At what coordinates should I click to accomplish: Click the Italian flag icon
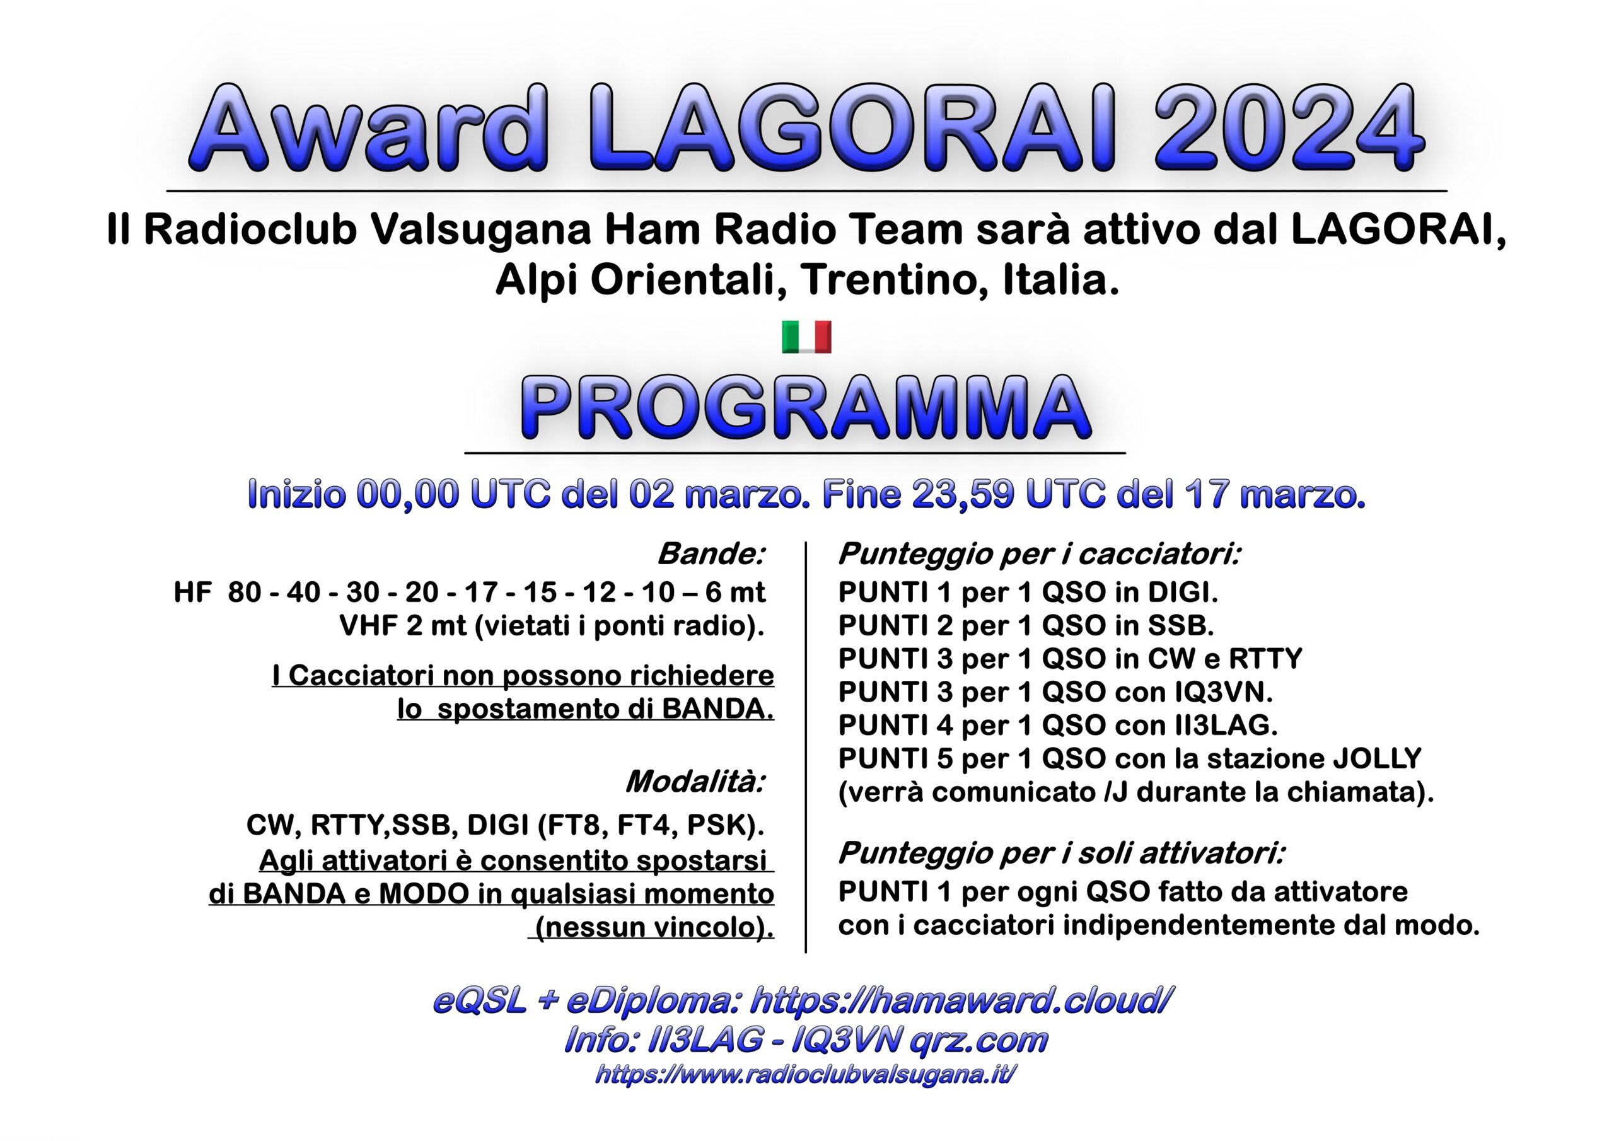point(806,337)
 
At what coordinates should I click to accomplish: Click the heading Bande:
point(711,555)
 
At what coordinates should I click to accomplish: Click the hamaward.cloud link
point(960,1000)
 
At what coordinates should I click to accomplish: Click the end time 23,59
point(964,495)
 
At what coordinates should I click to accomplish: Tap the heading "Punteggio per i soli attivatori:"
point(1062,854)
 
